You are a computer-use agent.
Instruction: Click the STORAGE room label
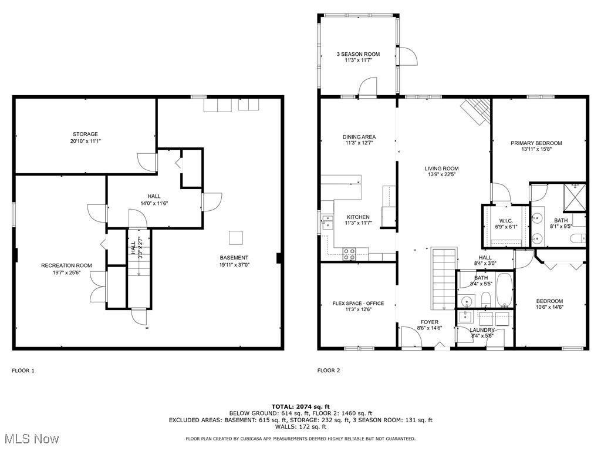[x=85, y=134]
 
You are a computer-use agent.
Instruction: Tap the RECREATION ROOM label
[x=67, y=265]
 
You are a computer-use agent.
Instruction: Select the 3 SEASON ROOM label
[x=359, y=54]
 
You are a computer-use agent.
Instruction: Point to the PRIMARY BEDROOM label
[x=536, y=143]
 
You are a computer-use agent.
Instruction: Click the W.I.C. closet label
[x=506, y=221]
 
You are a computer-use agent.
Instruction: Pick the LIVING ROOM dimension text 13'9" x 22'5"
[x=441, y=174]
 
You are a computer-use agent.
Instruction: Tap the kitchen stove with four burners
[x=349, y=254]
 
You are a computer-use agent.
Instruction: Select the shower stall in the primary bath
[x=575, y=198]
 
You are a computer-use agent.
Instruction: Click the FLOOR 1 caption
[x=23, y=371]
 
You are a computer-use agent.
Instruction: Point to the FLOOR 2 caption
[x=329, y=371]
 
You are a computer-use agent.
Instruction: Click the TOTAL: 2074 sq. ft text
[x=300, y=406]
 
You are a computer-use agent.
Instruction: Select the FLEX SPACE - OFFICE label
[x=358, y=304]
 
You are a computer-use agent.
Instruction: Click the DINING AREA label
[x=359, y=137]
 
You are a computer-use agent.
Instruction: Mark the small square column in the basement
[x=236, y=238]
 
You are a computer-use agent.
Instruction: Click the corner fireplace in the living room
[x=477, y=111]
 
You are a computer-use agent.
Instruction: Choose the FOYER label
[x=429, y=322]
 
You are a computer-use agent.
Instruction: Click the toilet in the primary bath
[x=578, y=238]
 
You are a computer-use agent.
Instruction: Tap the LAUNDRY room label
[x=482, y=330]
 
